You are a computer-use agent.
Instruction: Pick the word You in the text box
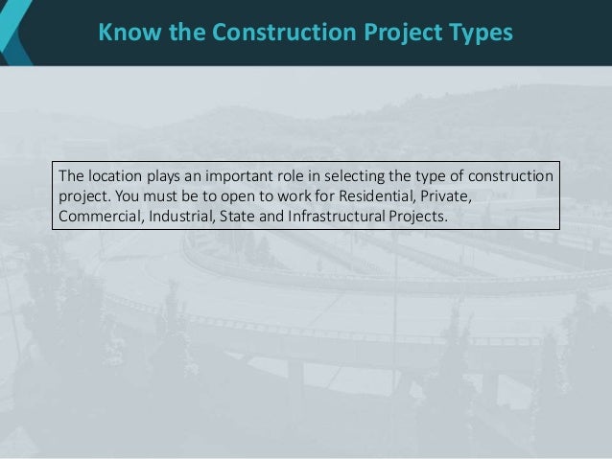point(129,196)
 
